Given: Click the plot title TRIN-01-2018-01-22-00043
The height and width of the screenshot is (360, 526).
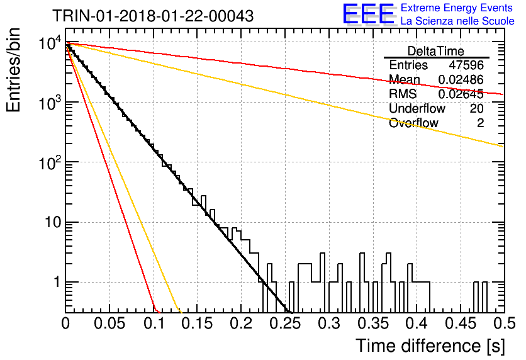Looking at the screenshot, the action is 153,16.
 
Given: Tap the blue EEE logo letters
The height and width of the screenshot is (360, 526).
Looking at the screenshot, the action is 368,14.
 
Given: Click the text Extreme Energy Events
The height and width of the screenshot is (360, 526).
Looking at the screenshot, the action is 457,8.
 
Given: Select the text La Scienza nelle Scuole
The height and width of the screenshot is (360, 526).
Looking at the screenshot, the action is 457,21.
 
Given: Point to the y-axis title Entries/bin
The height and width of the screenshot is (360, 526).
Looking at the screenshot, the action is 13,70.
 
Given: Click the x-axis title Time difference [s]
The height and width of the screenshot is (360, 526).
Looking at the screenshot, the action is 430,346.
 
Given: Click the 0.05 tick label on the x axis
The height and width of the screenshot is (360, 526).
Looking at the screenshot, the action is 109,323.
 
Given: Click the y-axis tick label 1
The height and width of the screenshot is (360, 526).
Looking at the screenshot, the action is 57,282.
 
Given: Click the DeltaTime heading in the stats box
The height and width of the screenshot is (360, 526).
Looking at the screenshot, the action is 436,51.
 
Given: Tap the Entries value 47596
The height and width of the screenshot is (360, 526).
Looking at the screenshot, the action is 466,65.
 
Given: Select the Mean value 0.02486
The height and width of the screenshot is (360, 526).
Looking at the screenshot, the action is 461,79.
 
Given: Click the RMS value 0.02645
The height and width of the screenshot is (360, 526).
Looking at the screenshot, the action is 461,94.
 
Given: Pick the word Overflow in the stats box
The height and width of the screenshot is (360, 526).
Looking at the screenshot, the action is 413,123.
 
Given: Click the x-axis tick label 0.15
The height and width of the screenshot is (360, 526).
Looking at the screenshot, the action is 197,323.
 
